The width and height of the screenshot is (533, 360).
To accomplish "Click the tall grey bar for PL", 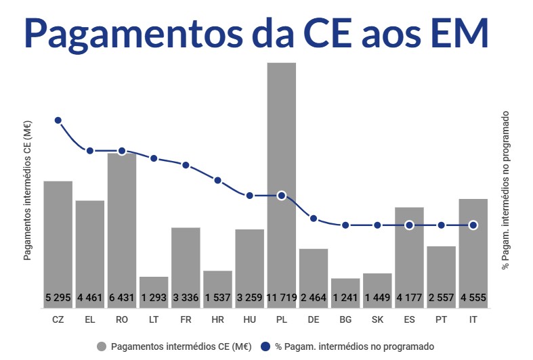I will coord(282,176).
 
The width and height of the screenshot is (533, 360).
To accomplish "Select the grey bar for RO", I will coord(122,223).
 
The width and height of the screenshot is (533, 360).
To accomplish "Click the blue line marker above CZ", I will coord(58,120).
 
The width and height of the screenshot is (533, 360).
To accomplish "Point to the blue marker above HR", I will coord(218,181).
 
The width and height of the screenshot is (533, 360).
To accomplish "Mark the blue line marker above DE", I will coord(314,218).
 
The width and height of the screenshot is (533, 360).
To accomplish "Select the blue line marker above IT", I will coord(473,225).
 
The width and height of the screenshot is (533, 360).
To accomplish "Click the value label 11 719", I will coord(282,297).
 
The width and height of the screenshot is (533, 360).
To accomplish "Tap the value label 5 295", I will coord(58,297).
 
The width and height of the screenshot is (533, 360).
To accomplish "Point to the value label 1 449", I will coord(377,297).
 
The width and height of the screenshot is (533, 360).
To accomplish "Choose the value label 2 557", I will coord(441,297).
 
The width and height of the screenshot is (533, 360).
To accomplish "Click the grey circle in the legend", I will coord(102,346).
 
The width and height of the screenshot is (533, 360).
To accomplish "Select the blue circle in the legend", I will coord(266,346).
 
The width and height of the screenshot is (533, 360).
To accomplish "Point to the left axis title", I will coord(28,190).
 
